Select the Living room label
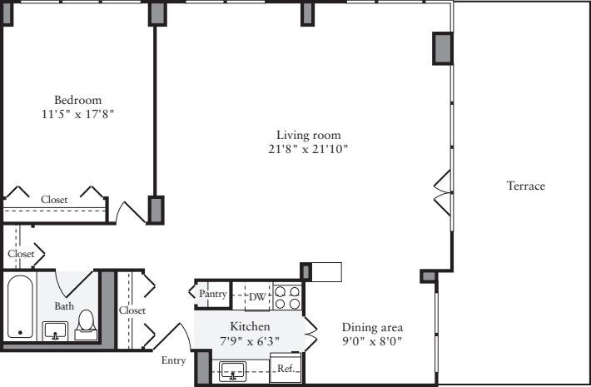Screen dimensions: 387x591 pyautogui.click(x=309, y=135)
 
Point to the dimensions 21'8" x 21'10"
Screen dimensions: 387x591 pyautogui.click(x=309, y=150)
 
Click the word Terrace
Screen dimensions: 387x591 pyautogui.click(x=526, y=186)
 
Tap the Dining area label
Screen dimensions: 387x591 pyautogui.click(x=373, y=327)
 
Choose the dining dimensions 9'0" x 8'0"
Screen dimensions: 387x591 pyautogui.click(x=373, y=341)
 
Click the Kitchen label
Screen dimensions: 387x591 pyautogui.click(x=249, y=327)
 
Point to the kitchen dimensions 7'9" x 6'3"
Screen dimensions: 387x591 pyautogui.click(x=249, y=341)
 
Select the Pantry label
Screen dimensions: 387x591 pyautogui.click(x=212, y=294)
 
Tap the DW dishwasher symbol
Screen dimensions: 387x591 pyautogui.click(x=257, y=295)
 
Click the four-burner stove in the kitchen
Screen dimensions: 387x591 pyautogui.click(x=287, y=296)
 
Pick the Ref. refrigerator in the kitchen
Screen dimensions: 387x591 pyautogui.click(x=285, y=367)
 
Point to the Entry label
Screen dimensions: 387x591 pyautogui.click(x=174, y=361)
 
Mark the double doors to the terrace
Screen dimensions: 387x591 pyautogui.click(x=442, y=191)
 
